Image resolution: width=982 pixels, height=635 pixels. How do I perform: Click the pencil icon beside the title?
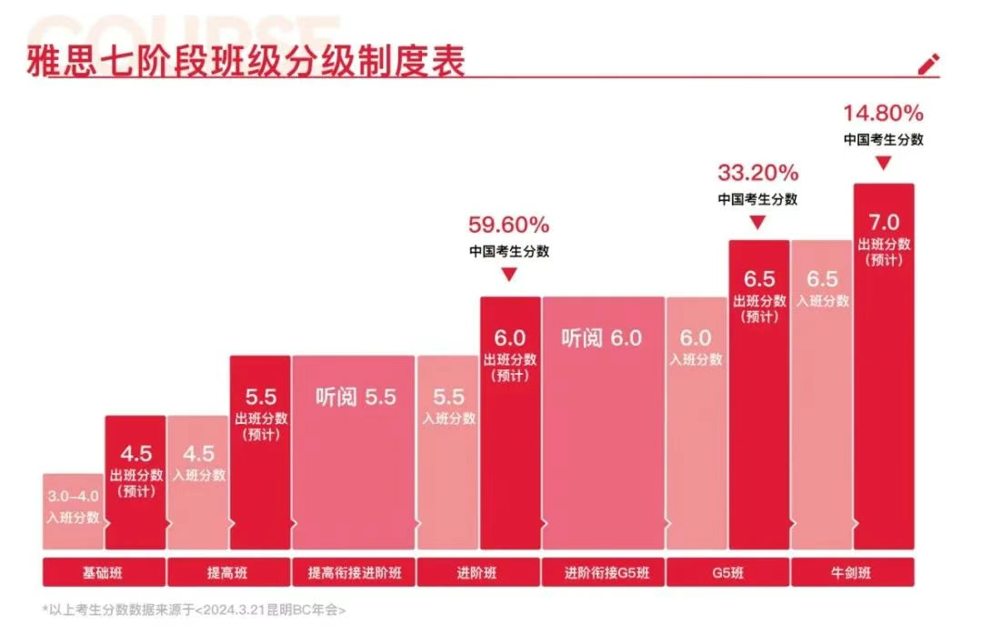coord(928,65)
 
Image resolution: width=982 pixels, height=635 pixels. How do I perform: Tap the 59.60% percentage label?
coord(508,224)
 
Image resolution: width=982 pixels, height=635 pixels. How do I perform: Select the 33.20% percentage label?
coord(757,172)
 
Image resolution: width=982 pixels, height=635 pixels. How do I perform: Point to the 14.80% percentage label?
coord(883,114)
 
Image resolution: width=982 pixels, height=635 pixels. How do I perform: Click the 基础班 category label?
coord(104,574)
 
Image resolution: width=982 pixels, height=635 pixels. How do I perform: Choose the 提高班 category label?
coord(227,574)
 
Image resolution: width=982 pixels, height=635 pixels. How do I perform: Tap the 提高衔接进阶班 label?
coord(353,574)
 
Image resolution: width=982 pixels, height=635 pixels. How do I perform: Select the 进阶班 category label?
coord(477,574)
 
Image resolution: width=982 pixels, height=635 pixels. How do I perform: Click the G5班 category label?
coord(726,574)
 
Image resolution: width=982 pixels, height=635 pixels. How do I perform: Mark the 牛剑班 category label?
coord(851,574)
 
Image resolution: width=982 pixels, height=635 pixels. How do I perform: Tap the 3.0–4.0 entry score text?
coord(73,497)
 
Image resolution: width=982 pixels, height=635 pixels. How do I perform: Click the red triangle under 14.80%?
coord(883,164)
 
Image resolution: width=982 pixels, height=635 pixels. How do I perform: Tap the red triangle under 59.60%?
coord(508,274)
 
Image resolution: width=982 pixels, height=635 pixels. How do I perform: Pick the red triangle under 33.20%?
coord(757,221)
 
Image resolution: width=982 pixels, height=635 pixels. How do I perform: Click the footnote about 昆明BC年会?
coord(194,610)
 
